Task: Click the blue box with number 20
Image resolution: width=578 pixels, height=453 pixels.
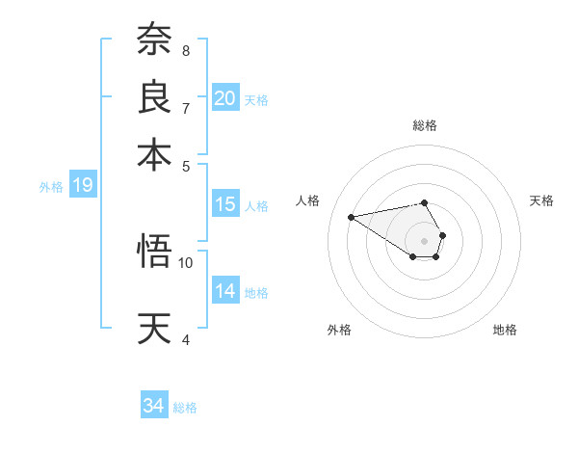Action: [225, 97]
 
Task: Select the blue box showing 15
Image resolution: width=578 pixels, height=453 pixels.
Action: [225, 203]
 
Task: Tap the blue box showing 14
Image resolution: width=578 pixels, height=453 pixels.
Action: [225, 290]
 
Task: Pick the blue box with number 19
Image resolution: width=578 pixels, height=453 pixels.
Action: [83, 185]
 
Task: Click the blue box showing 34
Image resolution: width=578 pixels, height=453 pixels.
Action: [154, 406]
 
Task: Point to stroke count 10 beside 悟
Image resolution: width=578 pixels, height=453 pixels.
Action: [186, 262]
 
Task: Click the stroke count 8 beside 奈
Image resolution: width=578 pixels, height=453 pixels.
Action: [185, 50]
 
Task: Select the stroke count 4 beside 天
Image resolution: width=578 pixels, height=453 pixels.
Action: [185, 339]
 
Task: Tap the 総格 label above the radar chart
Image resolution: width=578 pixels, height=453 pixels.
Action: [425, 125]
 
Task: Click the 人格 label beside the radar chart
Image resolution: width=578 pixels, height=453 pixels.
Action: [308, 200]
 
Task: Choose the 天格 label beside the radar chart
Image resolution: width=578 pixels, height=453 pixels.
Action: [541, 200]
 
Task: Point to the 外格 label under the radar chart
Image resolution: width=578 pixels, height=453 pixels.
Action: [339, 330]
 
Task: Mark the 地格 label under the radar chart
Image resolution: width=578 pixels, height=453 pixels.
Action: [505, 330]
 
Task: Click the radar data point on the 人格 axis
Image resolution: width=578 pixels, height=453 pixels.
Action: [351, 216]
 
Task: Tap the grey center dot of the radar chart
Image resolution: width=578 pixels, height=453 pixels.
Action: [425, 240]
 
